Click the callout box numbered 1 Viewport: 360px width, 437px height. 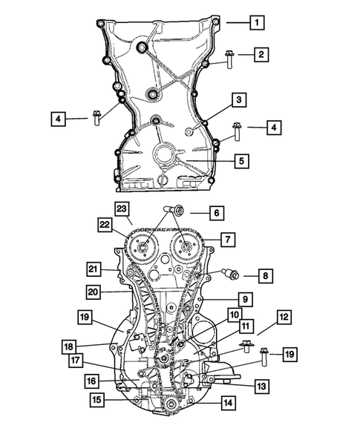257,22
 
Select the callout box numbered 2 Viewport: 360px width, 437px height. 261,54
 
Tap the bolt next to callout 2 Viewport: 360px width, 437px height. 229,59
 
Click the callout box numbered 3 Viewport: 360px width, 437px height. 239,99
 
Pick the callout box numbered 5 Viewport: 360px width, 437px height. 241,161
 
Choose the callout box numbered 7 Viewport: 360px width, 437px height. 228,240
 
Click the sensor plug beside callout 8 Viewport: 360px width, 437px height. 230,273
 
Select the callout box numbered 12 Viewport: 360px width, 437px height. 284,318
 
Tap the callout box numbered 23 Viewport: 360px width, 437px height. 122,209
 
